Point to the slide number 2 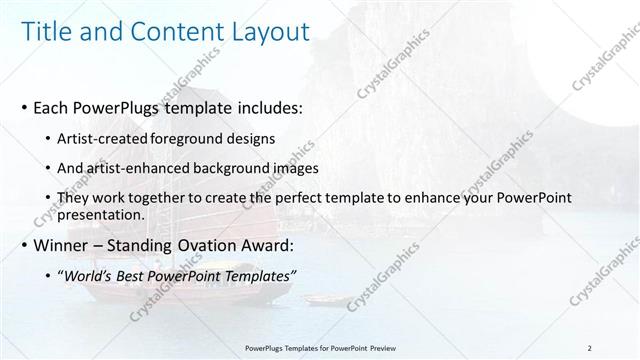(x=590, y=347)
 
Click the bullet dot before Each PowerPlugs (x=24, y=105)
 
